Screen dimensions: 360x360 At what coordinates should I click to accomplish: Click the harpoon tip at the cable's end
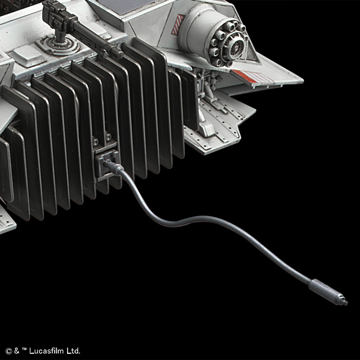click(x=344, y=302)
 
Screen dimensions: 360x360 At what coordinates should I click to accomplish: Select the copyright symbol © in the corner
click(x=9, y=351)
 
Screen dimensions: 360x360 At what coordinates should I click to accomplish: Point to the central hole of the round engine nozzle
click(x=236, y=48)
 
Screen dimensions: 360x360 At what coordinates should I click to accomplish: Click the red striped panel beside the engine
click(x=178, y=25)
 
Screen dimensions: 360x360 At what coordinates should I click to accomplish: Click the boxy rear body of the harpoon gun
click(x=58, y=14)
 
